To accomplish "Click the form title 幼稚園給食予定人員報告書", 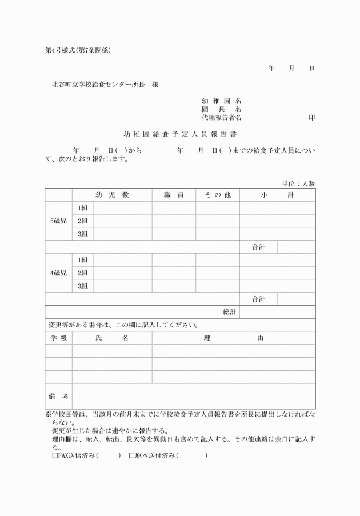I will [x=180, y=134].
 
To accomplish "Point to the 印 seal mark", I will [x=311, y=117].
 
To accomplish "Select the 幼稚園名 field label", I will [x=221, y=101].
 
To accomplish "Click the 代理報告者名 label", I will [x=221, y=117].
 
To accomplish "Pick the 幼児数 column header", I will [x=111, y=195].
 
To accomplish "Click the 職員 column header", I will [x=174, y=195].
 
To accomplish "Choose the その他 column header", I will [x=217, y=195].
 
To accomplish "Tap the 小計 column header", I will [x=277, y=195].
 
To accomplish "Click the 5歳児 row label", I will [x=58, y=221].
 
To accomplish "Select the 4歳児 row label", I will [x=58, y=273].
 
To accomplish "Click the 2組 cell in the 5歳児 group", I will [x=83, y=221].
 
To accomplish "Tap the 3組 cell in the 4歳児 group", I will [x=83, y=286].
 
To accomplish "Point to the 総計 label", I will [x=229, y=312].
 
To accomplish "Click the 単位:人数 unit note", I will [x=298, y=183].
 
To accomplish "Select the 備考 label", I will [x=58, y=396].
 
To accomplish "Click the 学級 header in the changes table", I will [x=58, y=338].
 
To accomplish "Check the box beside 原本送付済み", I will [x=131, y=455].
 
